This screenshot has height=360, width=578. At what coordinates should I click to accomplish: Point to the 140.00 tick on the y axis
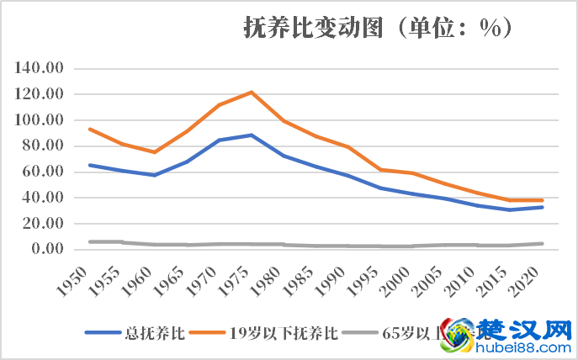coord(40,68)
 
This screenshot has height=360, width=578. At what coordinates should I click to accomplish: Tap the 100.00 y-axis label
coord(40,120)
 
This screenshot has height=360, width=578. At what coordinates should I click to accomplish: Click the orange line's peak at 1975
coord(252,92)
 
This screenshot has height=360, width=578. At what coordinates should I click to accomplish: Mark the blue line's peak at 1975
coord(252,135)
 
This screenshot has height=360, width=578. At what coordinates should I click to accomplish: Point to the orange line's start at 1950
coord(89,129)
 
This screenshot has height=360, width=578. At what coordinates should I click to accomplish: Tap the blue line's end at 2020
coord(543,207)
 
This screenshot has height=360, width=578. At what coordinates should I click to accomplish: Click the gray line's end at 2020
coord(543,244)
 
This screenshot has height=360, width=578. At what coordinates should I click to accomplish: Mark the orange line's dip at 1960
coord(154,152)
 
